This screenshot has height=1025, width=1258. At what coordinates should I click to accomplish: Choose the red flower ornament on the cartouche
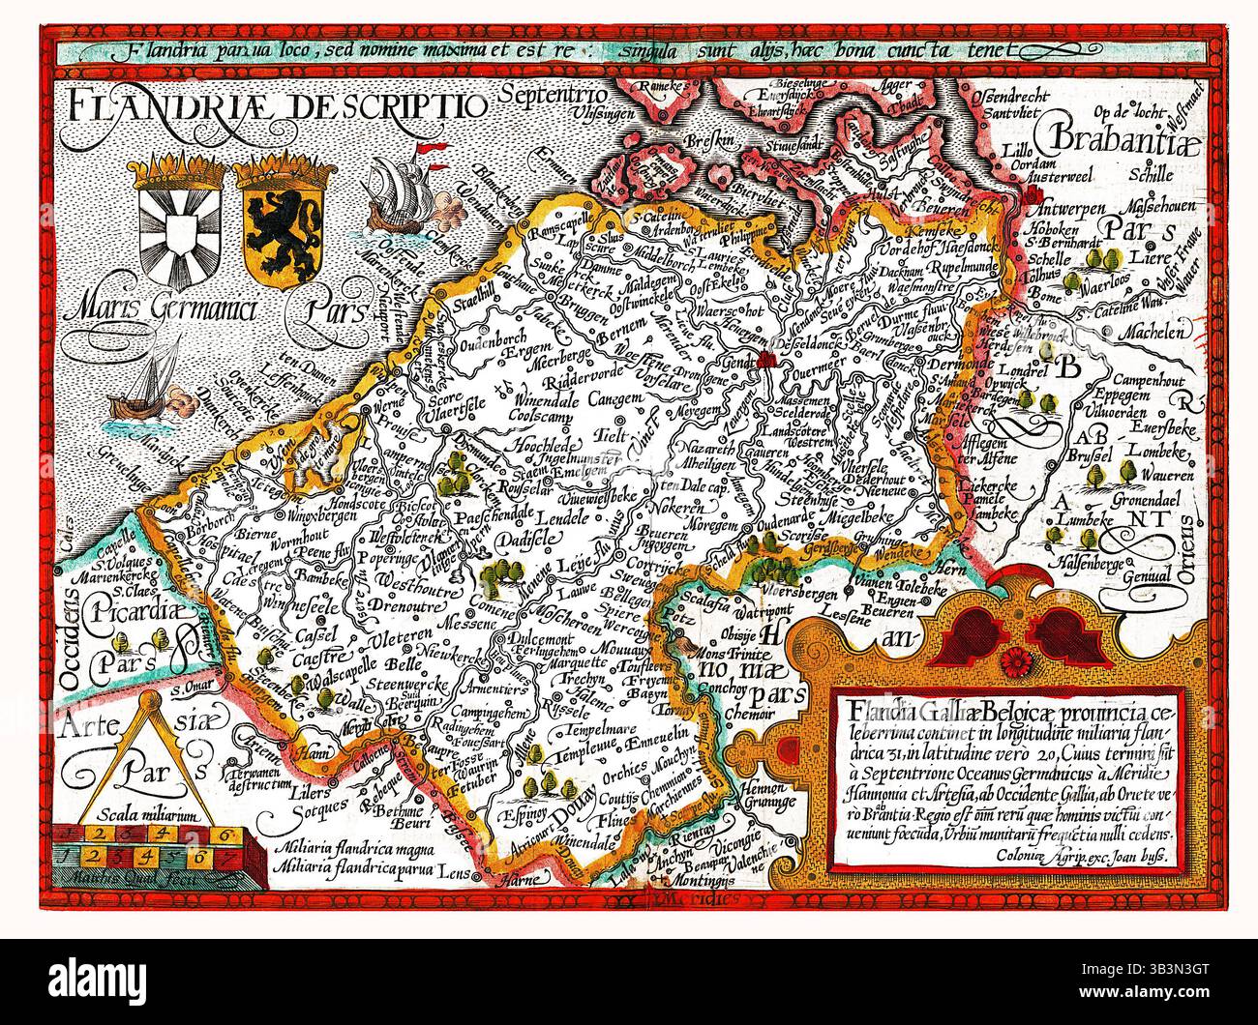tap(1015, 660)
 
